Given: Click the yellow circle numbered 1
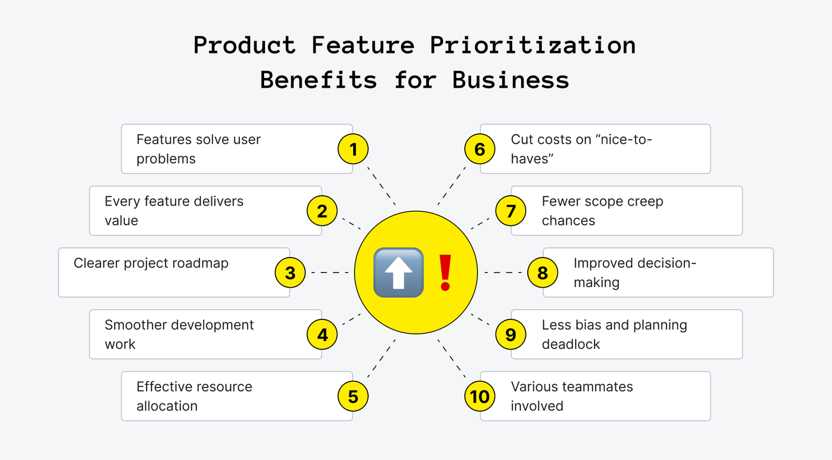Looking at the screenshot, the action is tap(353, 149).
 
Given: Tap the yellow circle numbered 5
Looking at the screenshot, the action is tap(353, 396).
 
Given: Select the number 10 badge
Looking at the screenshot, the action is tap(479, 396).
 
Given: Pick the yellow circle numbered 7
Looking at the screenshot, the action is tap(511, 211).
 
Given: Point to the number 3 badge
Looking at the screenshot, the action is tap(290, 273).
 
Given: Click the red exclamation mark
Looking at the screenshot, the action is tap(445, 273).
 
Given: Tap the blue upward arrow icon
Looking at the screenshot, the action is tap(398, 273).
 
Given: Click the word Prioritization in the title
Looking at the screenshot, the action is tap(533, 45).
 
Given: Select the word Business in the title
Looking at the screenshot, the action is tap(511, 80).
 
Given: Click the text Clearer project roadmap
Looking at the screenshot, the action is tap(151, 263).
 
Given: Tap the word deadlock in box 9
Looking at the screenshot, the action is tap(571, 344).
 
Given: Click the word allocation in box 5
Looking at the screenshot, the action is tap(167, 406).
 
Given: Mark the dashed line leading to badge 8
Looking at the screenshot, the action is tap(503, 273).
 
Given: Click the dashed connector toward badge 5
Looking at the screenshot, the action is tap(382, 358).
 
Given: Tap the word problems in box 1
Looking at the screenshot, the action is tap(166, 159).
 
